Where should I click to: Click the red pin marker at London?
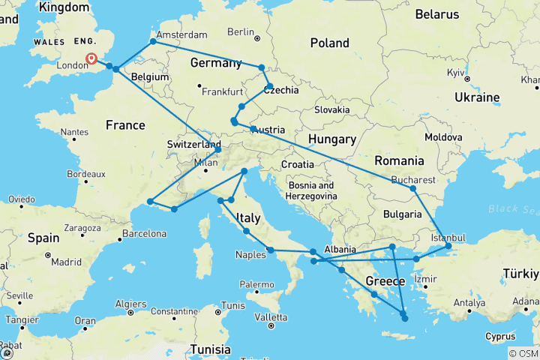[91, 58]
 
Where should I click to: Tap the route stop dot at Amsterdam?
[153, 41]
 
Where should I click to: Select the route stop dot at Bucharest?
[412, 188]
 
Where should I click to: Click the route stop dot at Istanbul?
[448, 246]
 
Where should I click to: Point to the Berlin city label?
[241, 32]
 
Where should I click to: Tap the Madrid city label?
[67, 262]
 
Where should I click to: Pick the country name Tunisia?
[210, 349]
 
